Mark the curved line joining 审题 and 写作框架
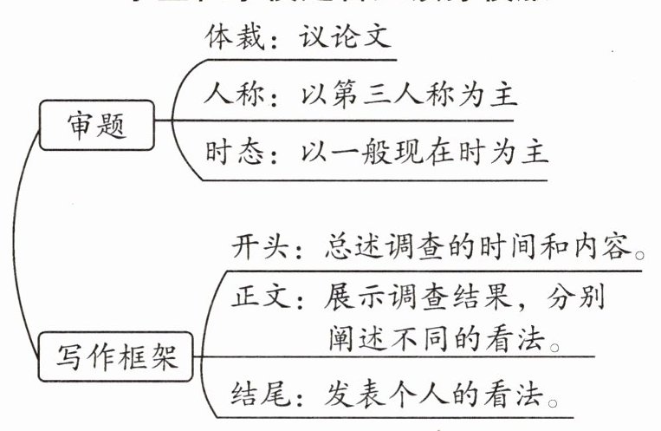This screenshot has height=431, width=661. point(26,243)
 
